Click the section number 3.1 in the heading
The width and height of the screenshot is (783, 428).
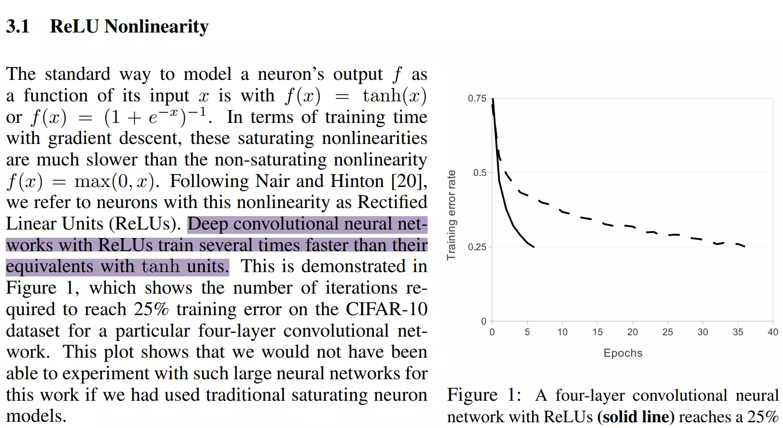(18, 26)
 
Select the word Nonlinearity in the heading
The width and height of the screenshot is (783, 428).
(156, 26)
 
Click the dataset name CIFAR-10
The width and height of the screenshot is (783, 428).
(386, 309)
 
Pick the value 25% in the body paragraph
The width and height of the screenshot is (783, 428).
(151, 309)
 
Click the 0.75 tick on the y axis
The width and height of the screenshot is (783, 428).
(477, 99)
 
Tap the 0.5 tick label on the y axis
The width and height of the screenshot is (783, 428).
(479, 173)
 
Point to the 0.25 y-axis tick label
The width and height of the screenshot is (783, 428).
(477, 247)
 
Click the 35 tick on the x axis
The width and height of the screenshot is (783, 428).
(738, 332)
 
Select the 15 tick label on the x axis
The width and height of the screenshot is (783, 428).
(597, 332)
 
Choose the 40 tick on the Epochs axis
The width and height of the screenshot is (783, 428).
(772, 332)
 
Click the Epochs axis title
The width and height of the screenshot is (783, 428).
(623, 353)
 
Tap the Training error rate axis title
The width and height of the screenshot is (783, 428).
(451, 215)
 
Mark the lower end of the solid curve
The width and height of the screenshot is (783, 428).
(533, 247)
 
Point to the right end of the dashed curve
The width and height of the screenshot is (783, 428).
(745, 247)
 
